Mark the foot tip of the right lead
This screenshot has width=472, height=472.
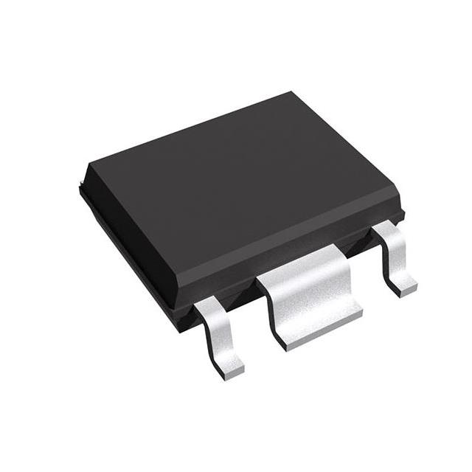click(x=405, y=288)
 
